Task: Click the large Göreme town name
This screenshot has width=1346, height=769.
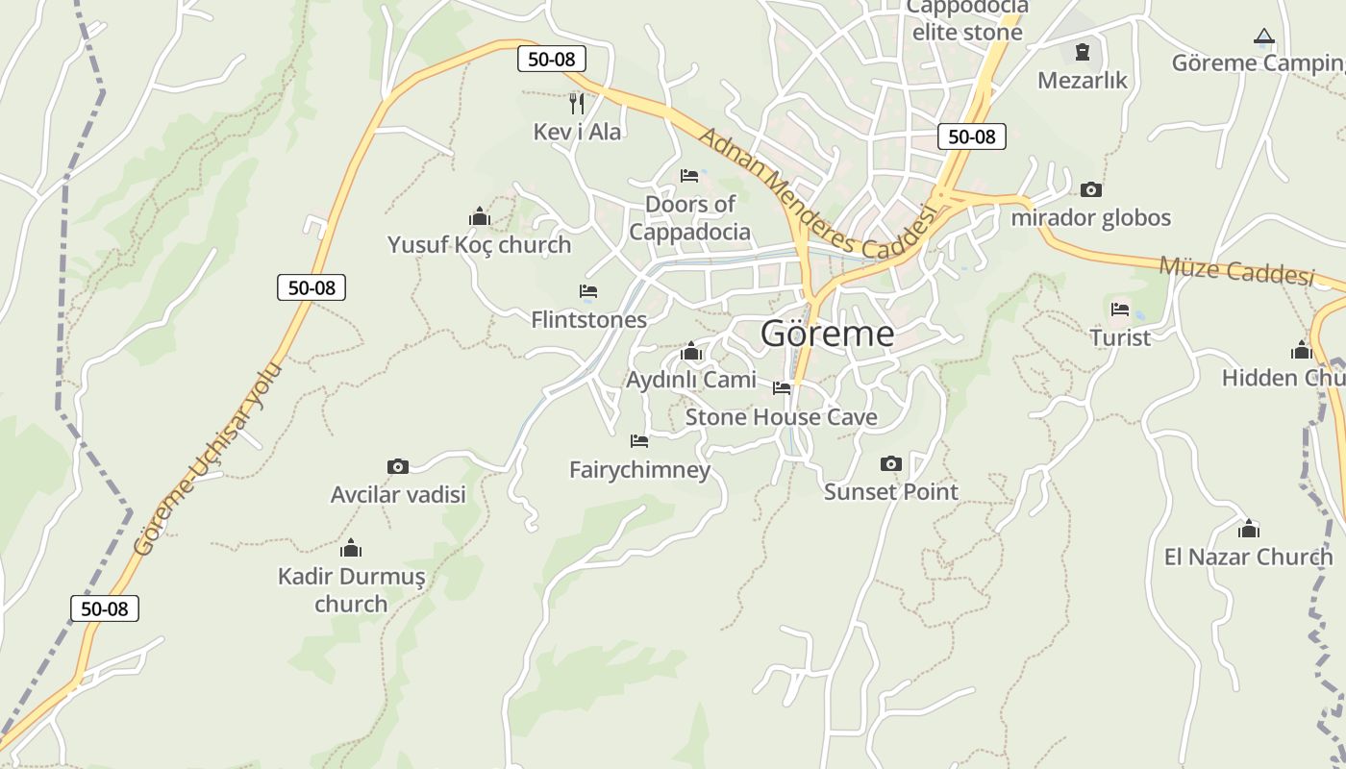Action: point(827,334)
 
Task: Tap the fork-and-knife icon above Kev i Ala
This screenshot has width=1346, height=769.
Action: point(577,103)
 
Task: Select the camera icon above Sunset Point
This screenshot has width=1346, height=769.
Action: point(891,464)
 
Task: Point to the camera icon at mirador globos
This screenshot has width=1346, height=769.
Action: point(1091,189)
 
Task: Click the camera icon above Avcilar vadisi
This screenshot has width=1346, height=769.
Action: point(398,467)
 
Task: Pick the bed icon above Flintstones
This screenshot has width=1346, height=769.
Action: point(588,291)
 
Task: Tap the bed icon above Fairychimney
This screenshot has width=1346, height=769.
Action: point(639,441)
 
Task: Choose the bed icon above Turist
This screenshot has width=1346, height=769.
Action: point(1120,310)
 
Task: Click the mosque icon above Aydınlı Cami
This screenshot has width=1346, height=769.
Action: point(690,352)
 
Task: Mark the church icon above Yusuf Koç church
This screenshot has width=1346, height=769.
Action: point(480,217)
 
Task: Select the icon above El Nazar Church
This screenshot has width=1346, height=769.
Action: point(1249,529)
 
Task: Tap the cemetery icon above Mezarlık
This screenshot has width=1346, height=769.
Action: point(1083,52)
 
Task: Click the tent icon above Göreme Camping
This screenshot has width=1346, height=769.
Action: point(1264,37)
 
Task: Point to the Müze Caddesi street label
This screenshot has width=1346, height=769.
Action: point(1236,270)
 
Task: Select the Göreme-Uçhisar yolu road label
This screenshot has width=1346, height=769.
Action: point(209,459)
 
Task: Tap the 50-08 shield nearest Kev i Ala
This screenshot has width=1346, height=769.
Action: point(552,59)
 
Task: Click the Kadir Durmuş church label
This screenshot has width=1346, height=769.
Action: point(351,590)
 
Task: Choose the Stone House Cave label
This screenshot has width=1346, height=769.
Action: point(781,417)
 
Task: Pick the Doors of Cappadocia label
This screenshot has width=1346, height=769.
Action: point(689,218)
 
